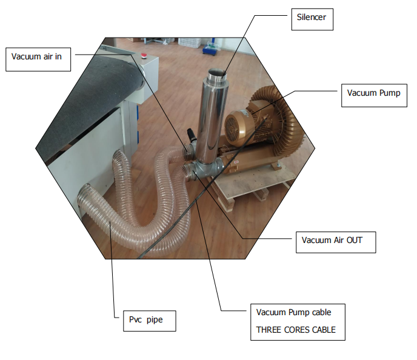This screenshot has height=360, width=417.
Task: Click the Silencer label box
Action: click(x=312, y=19)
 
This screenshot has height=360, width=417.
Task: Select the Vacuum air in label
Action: click(x=38, y=59)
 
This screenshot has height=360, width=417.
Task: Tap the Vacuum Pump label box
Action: click(x=374, y=95)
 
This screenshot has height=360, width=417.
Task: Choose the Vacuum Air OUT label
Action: click(x=336, y=242)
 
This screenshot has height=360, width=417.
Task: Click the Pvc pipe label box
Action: click(x=150, y=321)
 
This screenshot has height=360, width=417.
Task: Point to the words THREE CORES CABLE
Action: click(x=296, y=330)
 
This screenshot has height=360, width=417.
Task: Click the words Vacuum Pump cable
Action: click(x=293, y=312)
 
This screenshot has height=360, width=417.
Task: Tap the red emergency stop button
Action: click(x=144, y=55)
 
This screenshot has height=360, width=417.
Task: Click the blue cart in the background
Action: click(x=211, y=47)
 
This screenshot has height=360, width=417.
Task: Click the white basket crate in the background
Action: click(x=190, y=42)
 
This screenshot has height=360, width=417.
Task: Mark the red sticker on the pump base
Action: click(x=236, y=162)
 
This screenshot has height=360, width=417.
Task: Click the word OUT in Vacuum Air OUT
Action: click(x=355, y=240)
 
